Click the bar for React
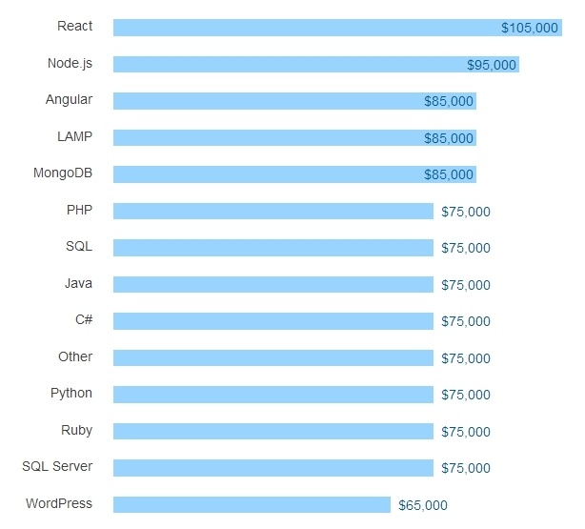point(305,28)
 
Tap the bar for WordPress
point(252,504)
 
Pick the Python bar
point(272,395)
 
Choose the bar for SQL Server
point(272,468)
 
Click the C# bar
point(272,321)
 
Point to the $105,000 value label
point(530,28)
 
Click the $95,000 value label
point(492,65)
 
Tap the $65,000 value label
point(423,505)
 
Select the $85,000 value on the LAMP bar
point(449,138)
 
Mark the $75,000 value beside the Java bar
point(466,285)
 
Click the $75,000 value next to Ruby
point(466,432)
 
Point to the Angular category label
point(69,99)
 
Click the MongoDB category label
point(63,173)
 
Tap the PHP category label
point(79,210)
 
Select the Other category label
point(75,356)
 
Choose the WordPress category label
point(59,503)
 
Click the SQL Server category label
point(57,466)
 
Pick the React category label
point(75,26)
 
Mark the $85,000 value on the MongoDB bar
point(449,174)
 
